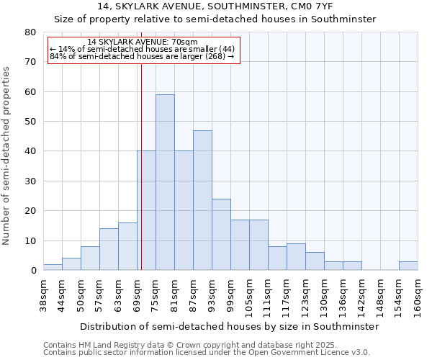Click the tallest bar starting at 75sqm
165,182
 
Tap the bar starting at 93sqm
221,234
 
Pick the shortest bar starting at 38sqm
53,267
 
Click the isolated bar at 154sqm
408,266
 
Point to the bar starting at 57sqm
109,249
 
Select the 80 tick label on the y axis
30,32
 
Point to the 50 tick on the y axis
30,122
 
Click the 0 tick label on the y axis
32,271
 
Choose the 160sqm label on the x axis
418,294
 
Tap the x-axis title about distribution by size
229,326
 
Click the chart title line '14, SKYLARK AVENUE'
215,6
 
